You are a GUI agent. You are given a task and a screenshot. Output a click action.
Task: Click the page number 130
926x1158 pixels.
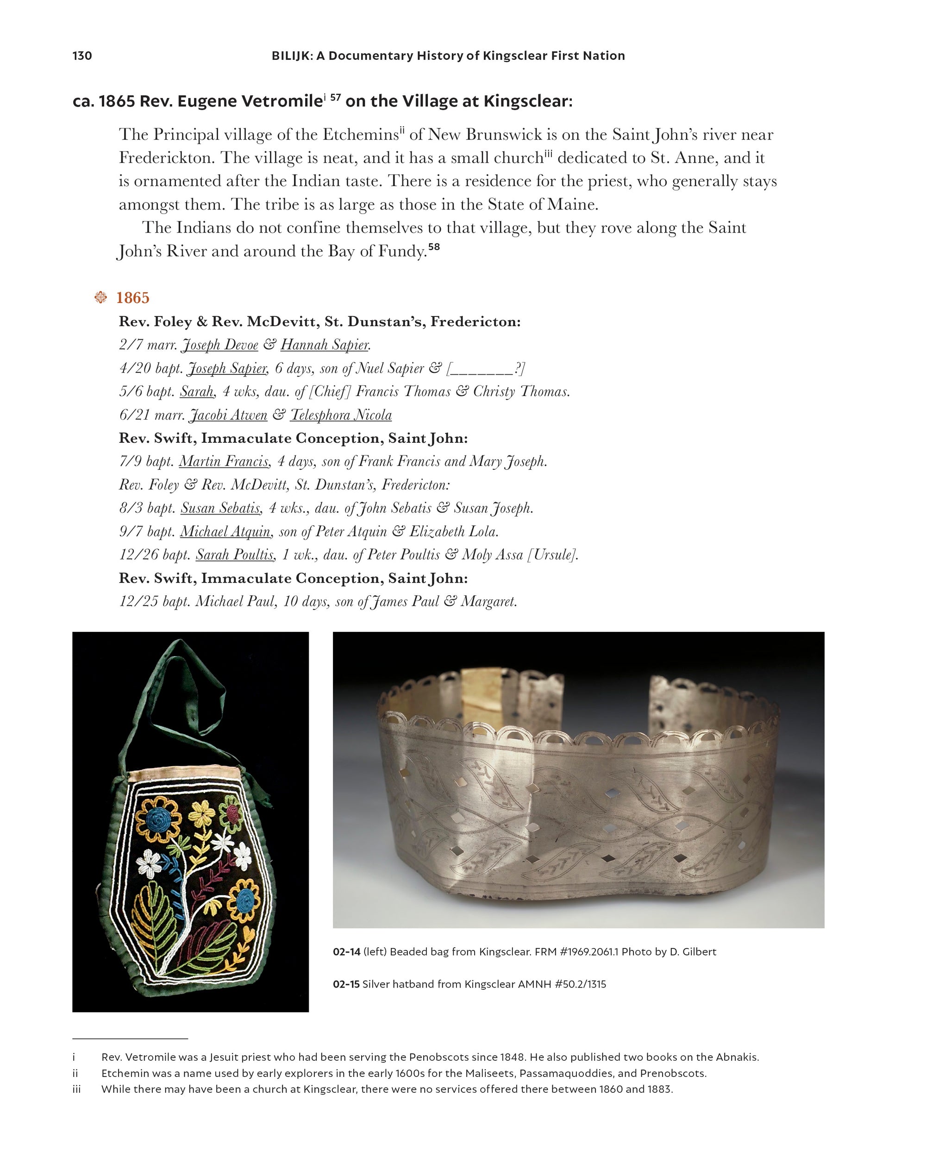(x=82, y=56)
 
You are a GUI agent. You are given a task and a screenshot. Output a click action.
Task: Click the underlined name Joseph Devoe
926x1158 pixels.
(x=220, y=345)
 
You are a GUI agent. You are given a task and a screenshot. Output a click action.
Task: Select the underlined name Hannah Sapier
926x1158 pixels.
(x=325, y=345)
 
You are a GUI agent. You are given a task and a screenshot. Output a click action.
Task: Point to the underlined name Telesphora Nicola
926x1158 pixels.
(x=341, y=415)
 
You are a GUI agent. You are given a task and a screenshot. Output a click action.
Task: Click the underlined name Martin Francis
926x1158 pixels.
(x=224, y=461)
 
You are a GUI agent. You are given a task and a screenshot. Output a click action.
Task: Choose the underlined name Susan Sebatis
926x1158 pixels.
(x=221, y=508)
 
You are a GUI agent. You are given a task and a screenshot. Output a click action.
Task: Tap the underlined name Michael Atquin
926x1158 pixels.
(x=225, y=532)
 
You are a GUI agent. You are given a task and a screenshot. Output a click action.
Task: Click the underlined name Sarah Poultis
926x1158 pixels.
(x=235, y=555)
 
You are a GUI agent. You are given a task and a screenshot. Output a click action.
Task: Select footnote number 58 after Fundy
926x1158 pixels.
(x=434, y=247)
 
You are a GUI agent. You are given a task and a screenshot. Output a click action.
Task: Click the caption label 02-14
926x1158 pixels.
(x=346, y=952)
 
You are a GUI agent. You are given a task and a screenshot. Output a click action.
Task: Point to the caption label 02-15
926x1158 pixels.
(x=346, y=984)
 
